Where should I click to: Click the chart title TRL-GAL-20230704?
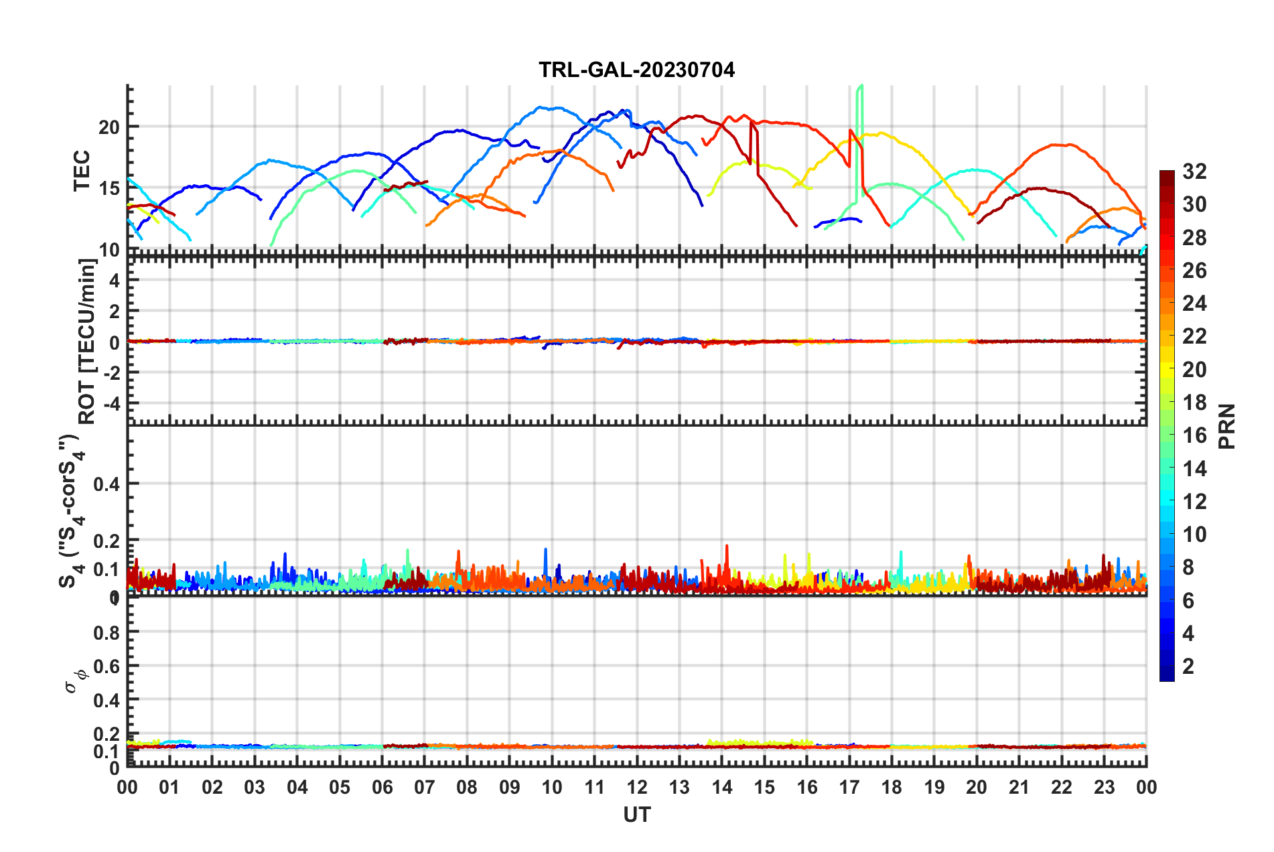pyautogui.click(x=636, y=70)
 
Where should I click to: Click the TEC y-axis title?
pyautogui.click(x=82, y=171)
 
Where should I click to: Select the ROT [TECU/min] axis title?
pyautogui.click(x=87, y=342)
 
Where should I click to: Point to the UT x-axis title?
pyautogui.click(x=636, y=814)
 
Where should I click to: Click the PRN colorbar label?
pyautogui.click(x=1227, y=426)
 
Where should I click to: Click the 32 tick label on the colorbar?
pyautogui.click(x=1194, y=171)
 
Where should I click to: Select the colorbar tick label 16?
pyautogui.click(x=1194, y=435)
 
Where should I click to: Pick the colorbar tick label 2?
pyautogui.click(x=1188, y=666)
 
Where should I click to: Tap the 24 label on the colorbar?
pyautogui.click(x=1194, y=303)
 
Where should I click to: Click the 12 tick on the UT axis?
pyautogui.click(x=636, y=787)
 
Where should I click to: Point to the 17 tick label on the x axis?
pyautogui.click(x=849, y=787)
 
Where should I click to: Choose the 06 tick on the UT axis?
pyautogui.click(x=382, y=787)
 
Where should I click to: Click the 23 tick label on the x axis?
pyautogui.click(x=1104, y=787)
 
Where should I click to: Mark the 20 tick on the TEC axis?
pyautogui.click(x=109, y=127)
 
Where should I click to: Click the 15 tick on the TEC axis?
pyautogui.click(x=109, y=188)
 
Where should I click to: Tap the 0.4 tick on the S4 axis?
pyautogui.click(x=106, y=484)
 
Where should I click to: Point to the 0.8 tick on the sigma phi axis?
pyautogui.click(x=106, y=632)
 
